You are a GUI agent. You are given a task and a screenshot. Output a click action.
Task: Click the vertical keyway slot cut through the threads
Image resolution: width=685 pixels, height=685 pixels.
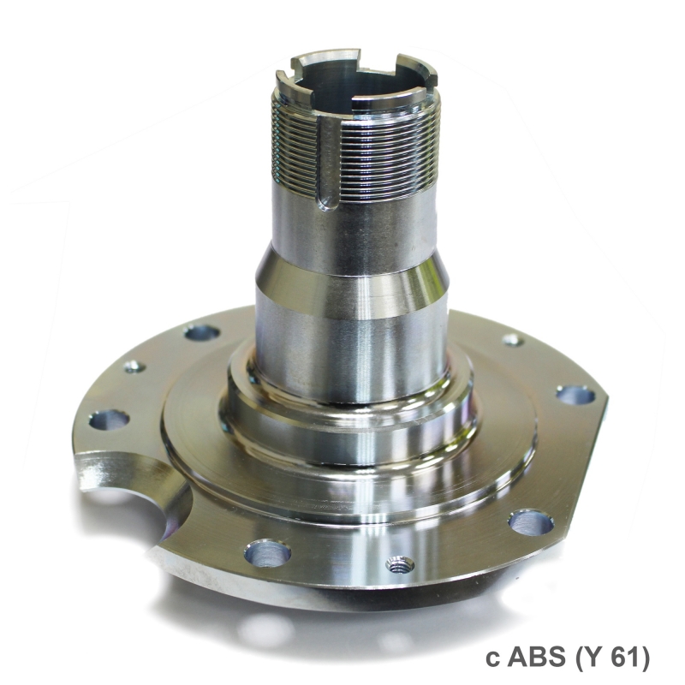[328, 164]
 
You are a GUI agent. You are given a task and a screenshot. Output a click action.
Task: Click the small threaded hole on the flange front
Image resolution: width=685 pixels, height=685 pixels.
[400, 566]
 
